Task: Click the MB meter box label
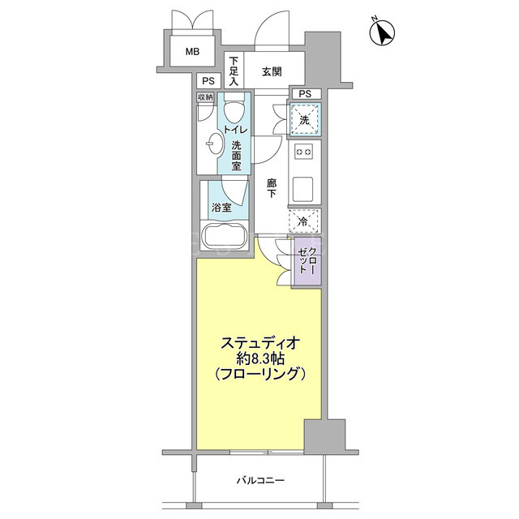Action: coord(192,52)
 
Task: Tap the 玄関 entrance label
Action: coord(272,71)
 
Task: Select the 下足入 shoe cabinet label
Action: coord(234,71)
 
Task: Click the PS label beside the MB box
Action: coord(208,81)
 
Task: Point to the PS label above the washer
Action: coord(305,94)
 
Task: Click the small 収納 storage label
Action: coord(205,97)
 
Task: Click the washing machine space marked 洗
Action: coord(305,119)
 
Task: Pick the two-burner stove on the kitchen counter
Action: coord(304,152)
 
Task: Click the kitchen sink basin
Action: coord(302,189)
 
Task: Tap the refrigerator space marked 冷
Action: coord(304,221)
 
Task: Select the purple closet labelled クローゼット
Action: coord(308,261)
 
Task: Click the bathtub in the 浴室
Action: coord(225,236)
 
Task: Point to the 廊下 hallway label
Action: coord(272,188)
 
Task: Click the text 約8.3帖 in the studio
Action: coord(261,358)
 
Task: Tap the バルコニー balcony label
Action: coord(260,480)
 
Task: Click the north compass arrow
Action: coord(382,32)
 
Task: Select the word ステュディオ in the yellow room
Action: coord(260,343)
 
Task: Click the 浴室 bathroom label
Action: coord(221,208)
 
